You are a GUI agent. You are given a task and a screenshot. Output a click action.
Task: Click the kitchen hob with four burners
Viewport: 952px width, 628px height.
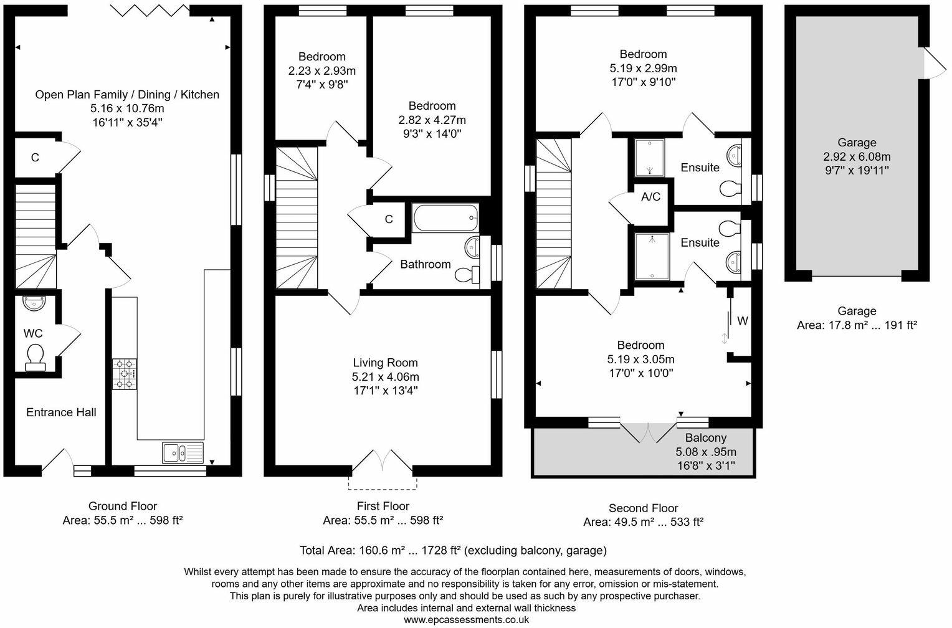tap(125, 374)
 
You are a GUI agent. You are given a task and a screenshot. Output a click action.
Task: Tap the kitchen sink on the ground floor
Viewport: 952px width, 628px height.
tap(183, 453)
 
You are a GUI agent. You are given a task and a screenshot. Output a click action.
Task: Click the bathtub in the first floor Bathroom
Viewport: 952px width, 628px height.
tap(445, 219)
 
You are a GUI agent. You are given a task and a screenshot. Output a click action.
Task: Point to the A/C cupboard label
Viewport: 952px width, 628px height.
tap(651, 197)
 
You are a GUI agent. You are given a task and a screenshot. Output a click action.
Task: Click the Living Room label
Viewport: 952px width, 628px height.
tap(385, 363)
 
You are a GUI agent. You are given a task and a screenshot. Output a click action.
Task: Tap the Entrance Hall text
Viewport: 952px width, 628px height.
tap(61, 412)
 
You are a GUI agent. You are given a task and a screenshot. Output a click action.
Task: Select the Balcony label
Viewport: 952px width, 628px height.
tap(706, 438)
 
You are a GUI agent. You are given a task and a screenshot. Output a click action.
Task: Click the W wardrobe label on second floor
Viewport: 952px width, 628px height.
tap(742, 321)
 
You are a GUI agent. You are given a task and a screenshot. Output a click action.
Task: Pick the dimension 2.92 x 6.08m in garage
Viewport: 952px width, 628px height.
tap(857, 156)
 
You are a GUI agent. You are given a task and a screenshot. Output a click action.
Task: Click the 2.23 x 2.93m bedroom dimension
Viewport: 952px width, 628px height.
tap(322, 70)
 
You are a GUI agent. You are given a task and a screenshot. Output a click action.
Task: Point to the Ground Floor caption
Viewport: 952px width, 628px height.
tap(123, 506)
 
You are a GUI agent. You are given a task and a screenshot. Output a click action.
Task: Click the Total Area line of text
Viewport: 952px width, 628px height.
tap(453, 550)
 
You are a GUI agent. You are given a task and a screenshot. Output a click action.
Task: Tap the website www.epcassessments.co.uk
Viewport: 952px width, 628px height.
tap(466, 620)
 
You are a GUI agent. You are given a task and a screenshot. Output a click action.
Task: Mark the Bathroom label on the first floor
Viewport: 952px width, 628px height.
tap(426, 264)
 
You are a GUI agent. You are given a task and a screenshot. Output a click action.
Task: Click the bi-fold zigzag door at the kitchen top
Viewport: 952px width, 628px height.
tap(151, 10)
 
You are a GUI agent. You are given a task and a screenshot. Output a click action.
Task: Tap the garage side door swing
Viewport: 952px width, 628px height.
tap(933, 63)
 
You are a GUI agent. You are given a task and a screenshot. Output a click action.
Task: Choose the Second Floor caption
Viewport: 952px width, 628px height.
tap(643, 508)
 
